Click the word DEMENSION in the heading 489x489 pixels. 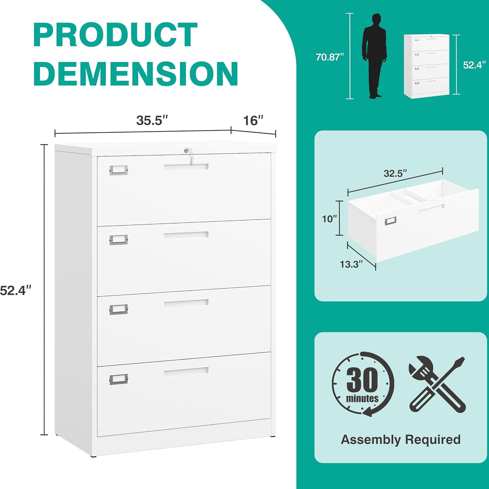(136, 74)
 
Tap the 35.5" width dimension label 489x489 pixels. (152, 120)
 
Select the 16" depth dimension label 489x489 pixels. (253, 121)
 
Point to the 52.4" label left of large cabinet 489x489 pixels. (15, 290)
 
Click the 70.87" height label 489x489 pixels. (330, 57)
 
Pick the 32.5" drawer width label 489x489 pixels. (395, 173)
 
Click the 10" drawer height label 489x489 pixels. (329, 219)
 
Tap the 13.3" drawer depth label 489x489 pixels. (351, 264)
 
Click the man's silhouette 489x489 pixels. (375, 55)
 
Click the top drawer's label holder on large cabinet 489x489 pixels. (118, 170)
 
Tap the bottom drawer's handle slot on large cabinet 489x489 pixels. (186, 371)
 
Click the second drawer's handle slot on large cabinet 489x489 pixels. (186, 235)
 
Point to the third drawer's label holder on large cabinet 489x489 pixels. (118, 309)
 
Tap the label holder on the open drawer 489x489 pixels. (390, 221)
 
